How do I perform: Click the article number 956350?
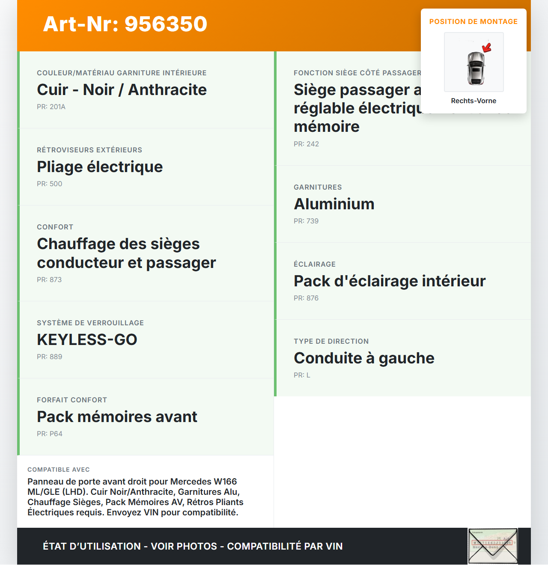pos(166,24)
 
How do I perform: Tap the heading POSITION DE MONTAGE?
pos(473,21)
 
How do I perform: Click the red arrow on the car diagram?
pos(487,48)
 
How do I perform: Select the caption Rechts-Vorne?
pos(474,101)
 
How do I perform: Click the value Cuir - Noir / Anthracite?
pos(122,90)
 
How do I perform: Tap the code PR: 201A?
pos(51,107)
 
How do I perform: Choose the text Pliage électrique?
pos(100,167)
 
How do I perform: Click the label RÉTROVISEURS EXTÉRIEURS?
pos(89,150)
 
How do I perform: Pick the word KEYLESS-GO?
pos(87,340)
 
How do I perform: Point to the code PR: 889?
pos(49,357)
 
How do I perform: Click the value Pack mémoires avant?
pos(117,417)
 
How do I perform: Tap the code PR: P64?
pos(50,434)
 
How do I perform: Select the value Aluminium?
pos(334,204)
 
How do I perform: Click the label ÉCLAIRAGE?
pos(315,265)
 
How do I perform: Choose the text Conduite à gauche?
pos(364,358)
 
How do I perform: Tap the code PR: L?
pos(302,375)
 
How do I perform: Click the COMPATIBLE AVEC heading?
pos(59,470)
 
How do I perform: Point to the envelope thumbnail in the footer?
pos(493,546)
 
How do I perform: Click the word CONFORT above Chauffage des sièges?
pos(55,227)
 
